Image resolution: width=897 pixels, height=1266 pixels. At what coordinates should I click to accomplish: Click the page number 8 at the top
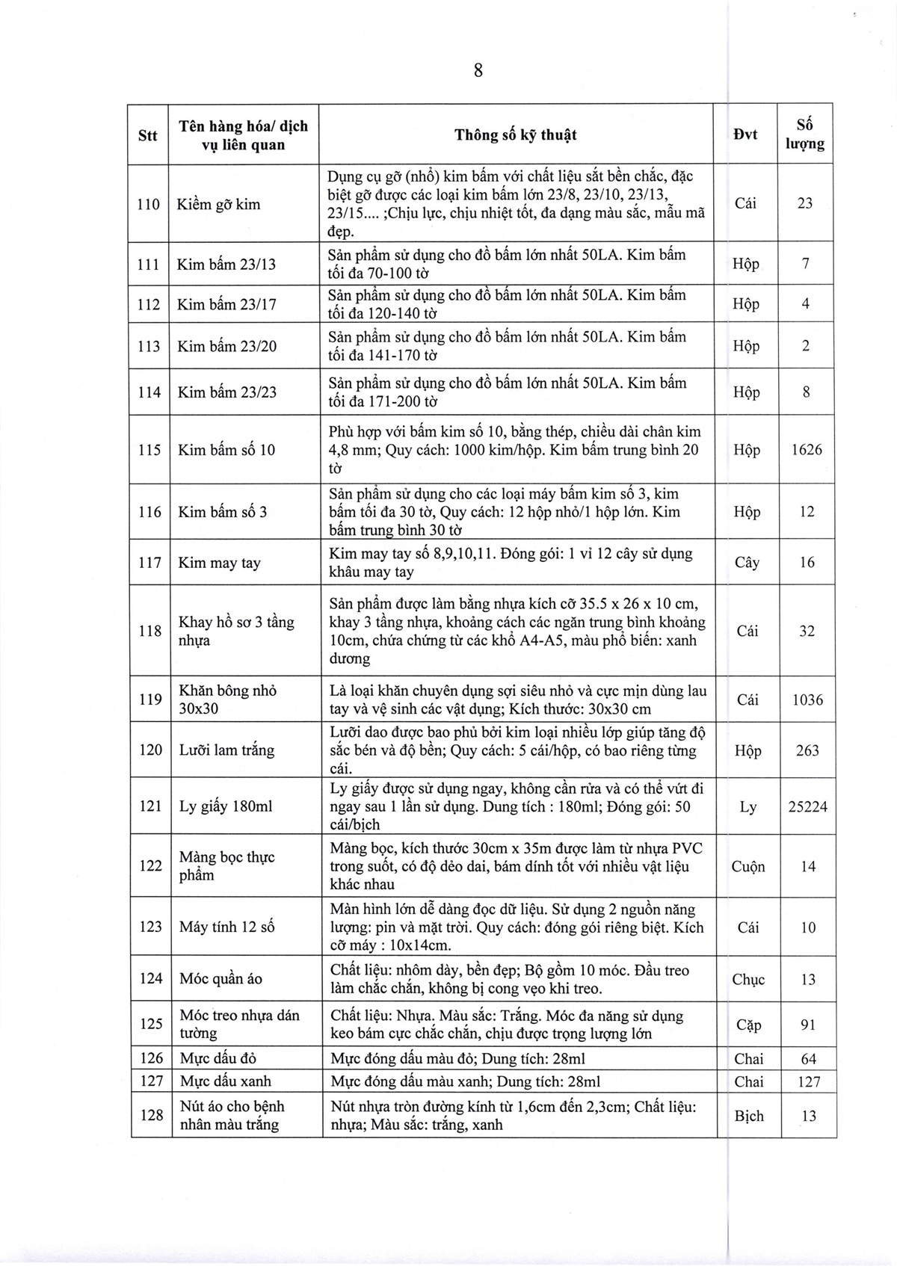tap(478, 71)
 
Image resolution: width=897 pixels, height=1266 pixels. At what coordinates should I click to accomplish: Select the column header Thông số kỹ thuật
tap(516, 135)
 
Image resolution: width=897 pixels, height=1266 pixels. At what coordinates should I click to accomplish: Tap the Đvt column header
tap(745, 135)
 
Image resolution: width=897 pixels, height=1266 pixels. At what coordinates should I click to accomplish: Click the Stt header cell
tap(148, 135)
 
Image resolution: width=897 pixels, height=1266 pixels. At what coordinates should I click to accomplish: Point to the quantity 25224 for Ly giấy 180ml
tap(807, 807)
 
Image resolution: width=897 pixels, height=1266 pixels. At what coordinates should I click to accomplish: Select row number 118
tap(149, 631)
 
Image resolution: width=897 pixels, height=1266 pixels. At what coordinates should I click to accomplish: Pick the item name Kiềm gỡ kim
tap(219, 204)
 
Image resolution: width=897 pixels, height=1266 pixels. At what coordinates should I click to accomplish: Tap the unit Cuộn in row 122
tap(748, 867)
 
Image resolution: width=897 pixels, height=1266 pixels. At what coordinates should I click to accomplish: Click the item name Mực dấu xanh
tap(226, 1081)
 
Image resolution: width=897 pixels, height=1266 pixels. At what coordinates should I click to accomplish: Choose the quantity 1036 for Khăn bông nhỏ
tap(807, 700)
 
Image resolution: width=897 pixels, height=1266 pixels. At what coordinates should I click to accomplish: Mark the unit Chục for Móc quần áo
tap(748, 980)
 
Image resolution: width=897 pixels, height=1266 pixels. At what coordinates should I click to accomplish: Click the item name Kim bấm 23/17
tap(226, 304)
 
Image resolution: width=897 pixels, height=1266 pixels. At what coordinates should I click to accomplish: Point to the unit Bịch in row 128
tap(749, 1116)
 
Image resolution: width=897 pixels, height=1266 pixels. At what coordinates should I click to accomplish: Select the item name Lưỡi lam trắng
tap(226, 750)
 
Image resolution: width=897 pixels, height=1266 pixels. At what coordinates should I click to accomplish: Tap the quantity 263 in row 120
tap(807, 750)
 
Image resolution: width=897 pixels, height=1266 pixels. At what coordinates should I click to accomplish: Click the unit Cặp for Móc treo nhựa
tap(748, 1025)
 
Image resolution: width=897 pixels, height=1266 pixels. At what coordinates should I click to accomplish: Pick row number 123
tap(150, 927)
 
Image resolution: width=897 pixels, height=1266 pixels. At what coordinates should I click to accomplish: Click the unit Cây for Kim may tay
tap(747, 563)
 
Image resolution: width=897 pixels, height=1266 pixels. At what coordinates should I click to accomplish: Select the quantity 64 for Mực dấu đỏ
tap(808, 1059)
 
